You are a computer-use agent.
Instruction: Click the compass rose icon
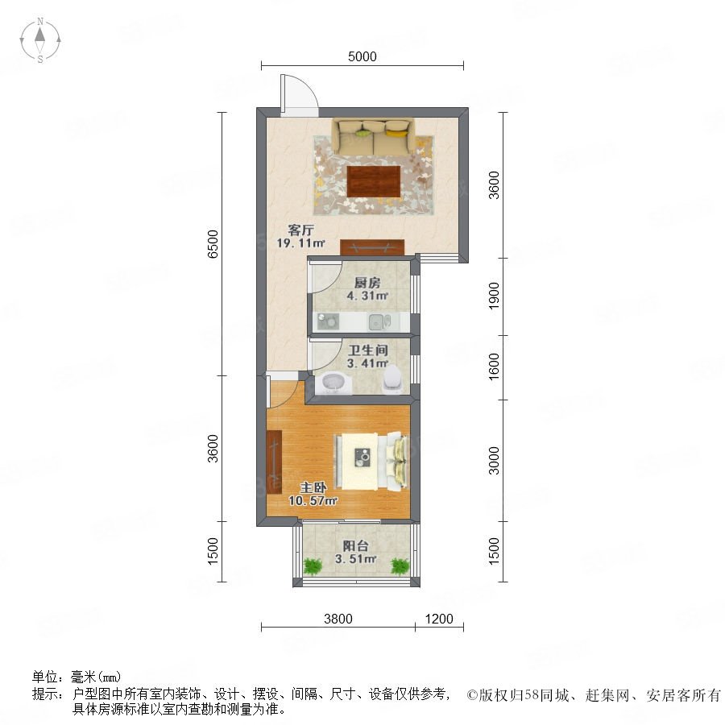coord(40,40)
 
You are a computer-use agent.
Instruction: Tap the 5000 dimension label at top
coord(362,56)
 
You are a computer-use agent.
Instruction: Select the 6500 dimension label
coord(213,243)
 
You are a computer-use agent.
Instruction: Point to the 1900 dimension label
coord(494,296)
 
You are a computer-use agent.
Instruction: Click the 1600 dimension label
coord(494,367)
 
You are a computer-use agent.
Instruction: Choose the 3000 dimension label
coord(494,461)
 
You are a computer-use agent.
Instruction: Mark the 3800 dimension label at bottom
coord(338,619)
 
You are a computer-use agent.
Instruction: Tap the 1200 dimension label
coord(439,619)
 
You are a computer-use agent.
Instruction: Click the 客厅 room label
coord(301,230)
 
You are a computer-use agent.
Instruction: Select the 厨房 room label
coord(367,283)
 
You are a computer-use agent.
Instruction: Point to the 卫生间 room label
coord(368,350)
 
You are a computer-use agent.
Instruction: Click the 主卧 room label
coord(313,487)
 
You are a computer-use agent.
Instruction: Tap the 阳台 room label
coord(355,545)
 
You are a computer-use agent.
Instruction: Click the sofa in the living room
coord(373,137)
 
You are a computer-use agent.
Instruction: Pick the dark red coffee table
coord(374,181)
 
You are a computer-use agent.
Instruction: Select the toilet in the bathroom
coord(392,379)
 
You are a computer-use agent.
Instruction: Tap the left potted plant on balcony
coord(313,565)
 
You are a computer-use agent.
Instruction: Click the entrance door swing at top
coord(299,95)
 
